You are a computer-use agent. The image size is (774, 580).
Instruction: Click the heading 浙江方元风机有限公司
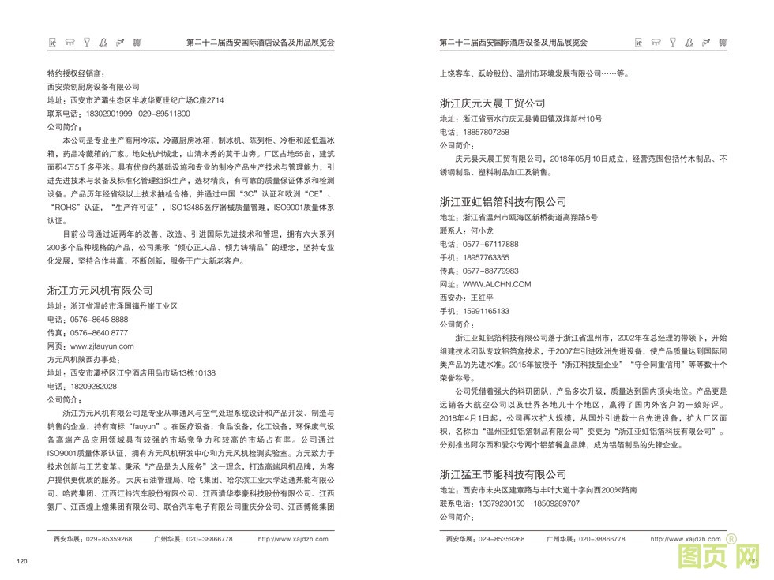point(100,290)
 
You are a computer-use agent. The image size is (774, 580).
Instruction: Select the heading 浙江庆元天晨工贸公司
point(492,103)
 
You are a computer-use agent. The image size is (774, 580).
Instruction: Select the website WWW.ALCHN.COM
point(497,284)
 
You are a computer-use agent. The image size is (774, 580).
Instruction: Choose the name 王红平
point(481,297)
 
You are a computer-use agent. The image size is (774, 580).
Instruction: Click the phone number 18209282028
point(93,386)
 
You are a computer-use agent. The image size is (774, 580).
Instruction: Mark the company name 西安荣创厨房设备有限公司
point(93,87)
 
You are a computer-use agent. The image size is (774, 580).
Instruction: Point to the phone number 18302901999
point(104,114)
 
